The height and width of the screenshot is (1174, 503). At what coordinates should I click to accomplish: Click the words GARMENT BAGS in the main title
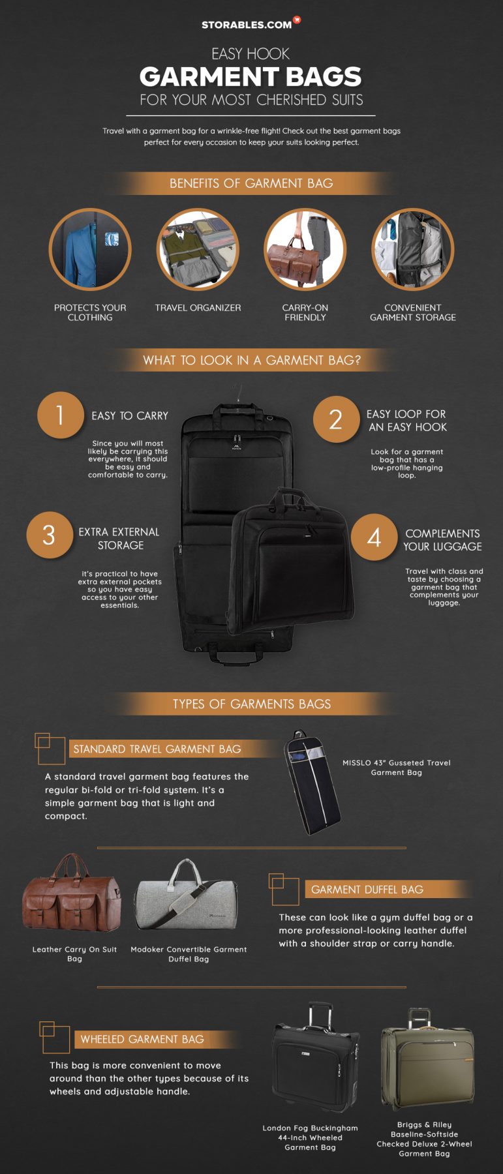tap(251, 77)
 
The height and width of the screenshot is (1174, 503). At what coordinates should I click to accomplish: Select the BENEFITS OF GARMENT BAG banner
tap(251, 183)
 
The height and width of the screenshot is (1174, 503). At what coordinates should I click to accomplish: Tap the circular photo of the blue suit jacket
tap(90, 249)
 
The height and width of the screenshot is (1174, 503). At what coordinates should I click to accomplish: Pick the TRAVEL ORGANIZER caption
tap(198, 308)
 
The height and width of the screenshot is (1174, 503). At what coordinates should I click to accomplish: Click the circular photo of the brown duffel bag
tap(305, 249)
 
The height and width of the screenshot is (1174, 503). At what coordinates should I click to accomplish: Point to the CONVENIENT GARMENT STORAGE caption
tap(413, 312)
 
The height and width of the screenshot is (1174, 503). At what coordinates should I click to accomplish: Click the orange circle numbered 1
tap(60, 415)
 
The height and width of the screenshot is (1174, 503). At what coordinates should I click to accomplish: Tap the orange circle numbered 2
tap(336, 419)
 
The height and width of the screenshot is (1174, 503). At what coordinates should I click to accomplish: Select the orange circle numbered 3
tap(50, 535)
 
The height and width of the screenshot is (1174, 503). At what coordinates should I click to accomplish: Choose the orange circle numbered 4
tap(374, 537)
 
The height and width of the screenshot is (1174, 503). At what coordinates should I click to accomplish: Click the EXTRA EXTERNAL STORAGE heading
tap(119, 539)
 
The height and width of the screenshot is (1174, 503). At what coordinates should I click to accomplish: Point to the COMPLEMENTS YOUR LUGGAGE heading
tap(442, 540)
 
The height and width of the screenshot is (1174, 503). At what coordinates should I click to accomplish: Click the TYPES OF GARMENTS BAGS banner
tap(251, 704)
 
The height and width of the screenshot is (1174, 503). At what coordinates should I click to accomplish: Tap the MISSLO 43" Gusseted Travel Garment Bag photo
tap(312, 781)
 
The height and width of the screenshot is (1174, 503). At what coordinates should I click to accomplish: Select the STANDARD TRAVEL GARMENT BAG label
tap(157, 749)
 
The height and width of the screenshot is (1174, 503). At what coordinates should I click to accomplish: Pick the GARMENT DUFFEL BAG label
tap(367, 890)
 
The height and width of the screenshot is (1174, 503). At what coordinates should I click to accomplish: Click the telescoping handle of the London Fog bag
tap(320, 1016)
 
